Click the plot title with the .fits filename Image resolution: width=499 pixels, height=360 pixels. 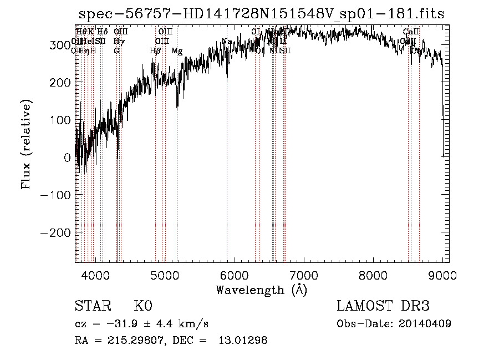click(x=262, y=14)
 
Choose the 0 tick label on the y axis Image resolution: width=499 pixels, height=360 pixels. click(x=67, y=158)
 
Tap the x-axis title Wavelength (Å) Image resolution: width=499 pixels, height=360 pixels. click(x=261, y=290)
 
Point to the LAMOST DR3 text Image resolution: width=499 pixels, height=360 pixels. click(x=383, y=306)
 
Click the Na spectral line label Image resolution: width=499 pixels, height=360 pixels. click(x=227, y=41)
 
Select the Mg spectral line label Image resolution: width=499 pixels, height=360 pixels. click(x=177, y=51)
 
